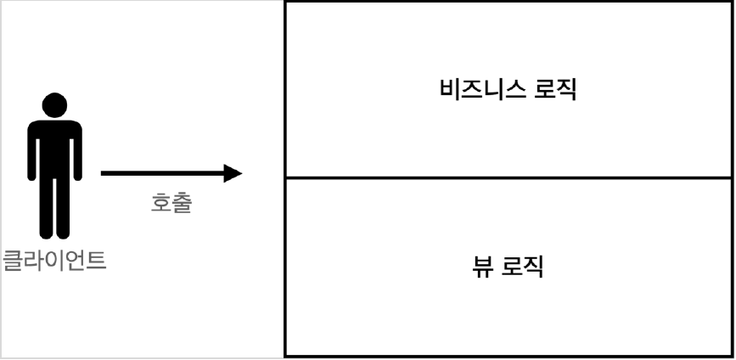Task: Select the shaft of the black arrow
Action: point(161,173)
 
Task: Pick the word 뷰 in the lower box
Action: point(480,267)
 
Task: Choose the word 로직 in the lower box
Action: point(522,267)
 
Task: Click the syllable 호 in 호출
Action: point(160,204)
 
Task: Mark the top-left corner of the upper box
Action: point(285,3)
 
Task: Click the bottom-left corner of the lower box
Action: point(285,355)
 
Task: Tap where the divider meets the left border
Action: point(285,177)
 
